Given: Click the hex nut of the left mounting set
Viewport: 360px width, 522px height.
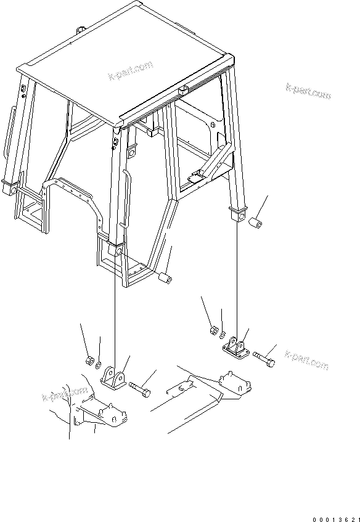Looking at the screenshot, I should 89,360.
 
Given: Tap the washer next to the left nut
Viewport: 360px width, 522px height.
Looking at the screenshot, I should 99,366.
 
